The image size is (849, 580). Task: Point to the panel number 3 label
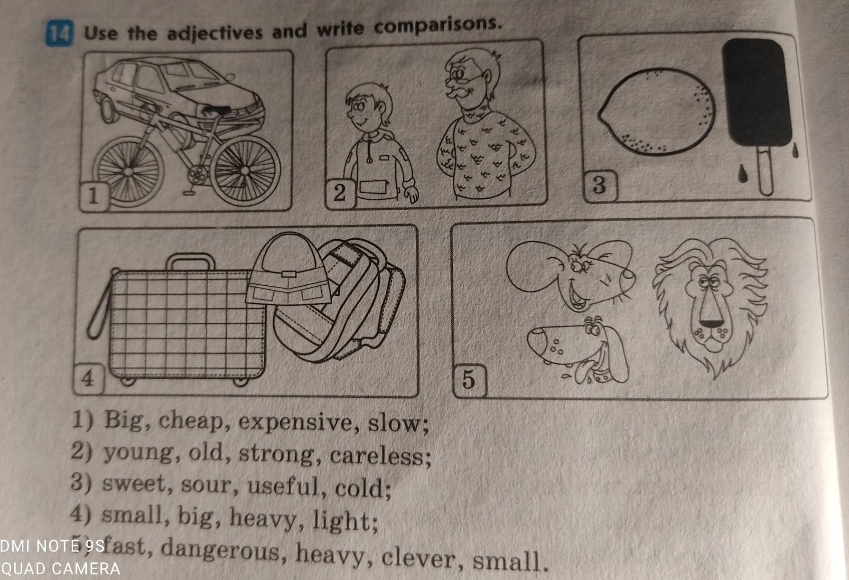[599, 185]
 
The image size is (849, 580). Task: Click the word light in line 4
[341, 521]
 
